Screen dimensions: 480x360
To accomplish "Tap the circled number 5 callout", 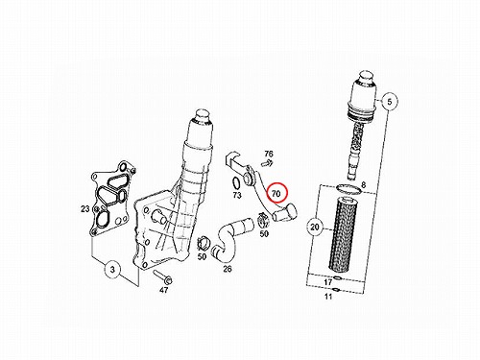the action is pos(389,102).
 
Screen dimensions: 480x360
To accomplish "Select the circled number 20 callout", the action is pos(315,227).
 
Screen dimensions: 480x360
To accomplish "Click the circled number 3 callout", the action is pos(112,269).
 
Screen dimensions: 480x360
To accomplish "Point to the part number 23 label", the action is pos(85,209).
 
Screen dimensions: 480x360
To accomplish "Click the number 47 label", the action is pos(163,290).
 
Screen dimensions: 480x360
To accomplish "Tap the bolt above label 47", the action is pos(162,277).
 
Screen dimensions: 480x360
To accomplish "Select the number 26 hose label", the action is pos(228,269).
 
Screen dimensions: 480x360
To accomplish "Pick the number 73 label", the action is pos(237,195).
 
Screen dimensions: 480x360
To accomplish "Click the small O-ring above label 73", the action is pos(236,182).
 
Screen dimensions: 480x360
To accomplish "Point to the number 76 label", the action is pos(269,155).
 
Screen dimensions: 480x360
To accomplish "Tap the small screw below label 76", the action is pos(266,163).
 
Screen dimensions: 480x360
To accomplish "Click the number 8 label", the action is pos(363,185).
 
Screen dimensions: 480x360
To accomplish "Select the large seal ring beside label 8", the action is pos(349,189).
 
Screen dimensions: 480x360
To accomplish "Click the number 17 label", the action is pos(328,282).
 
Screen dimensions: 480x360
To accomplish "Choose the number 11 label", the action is pos(328,297).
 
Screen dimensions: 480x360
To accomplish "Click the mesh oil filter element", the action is pos(343,235).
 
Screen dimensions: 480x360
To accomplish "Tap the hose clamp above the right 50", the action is pos(264,220).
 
